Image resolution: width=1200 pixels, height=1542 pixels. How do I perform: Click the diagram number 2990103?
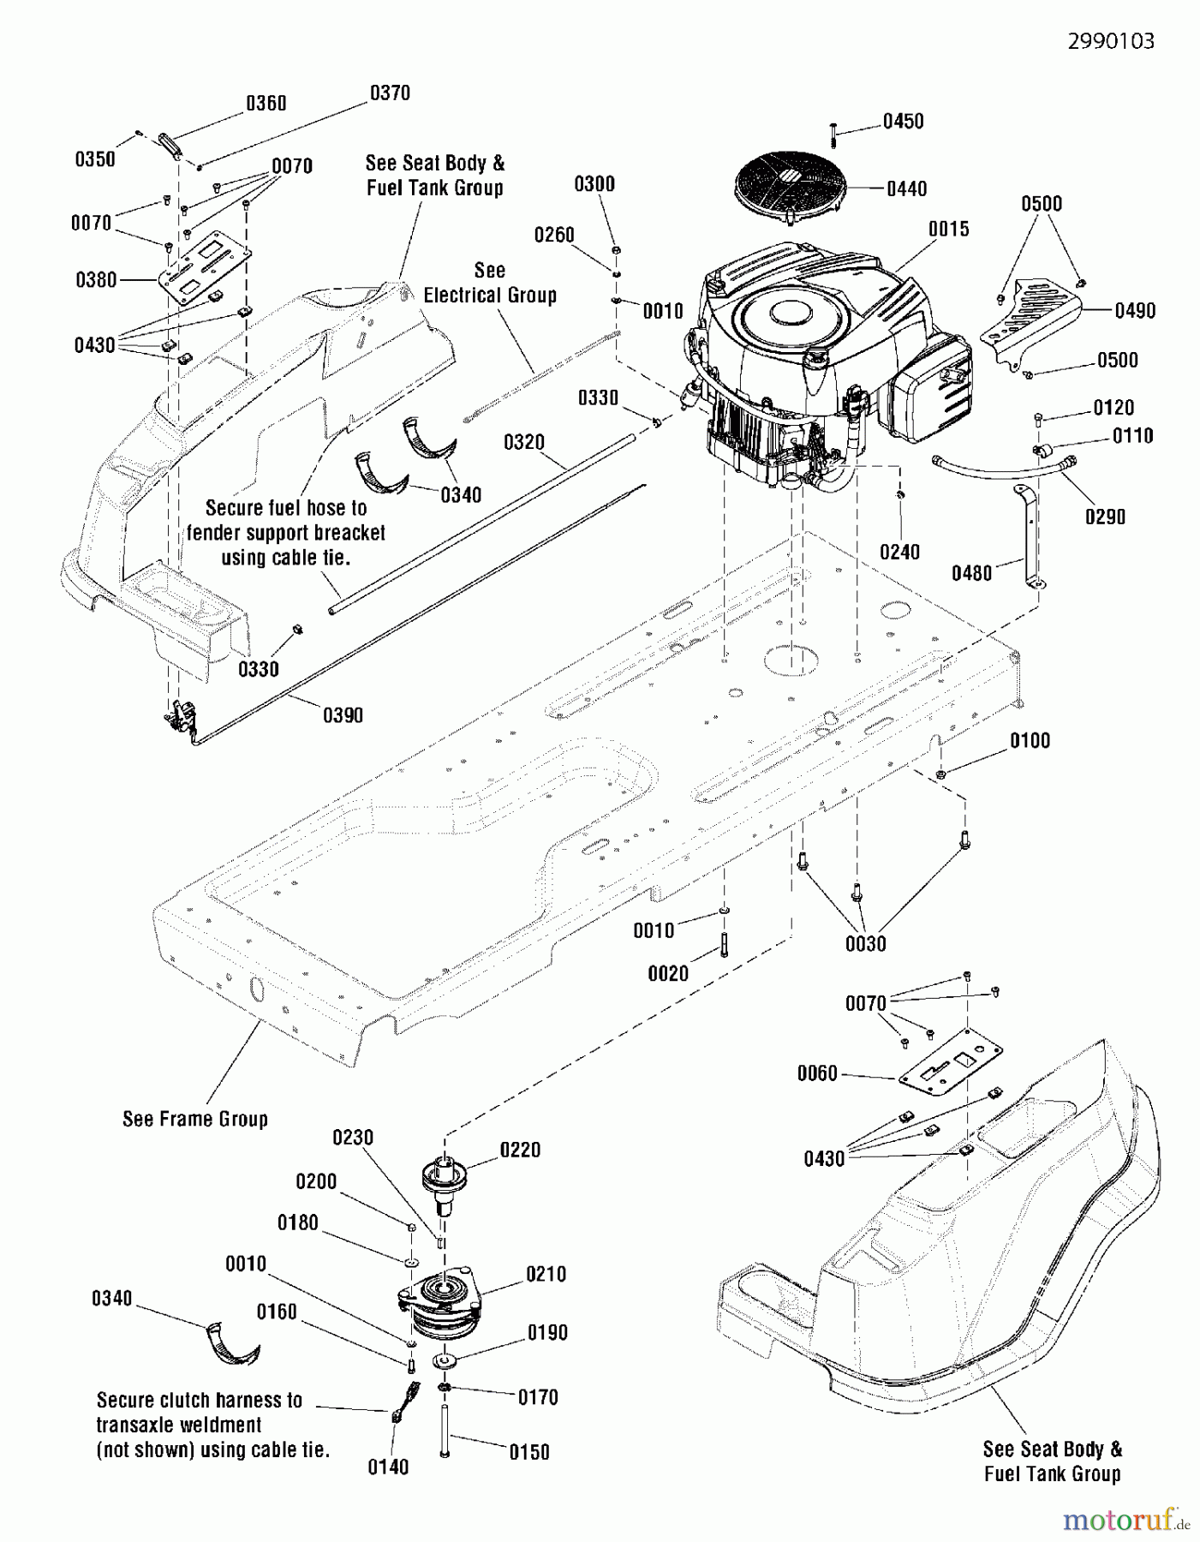1111,41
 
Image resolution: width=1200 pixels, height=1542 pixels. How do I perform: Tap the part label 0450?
903,122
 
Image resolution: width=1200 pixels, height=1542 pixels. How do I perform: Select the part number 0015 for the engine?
948,229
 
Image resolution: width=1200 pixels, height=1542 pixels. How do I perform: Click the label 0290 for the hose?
1105,517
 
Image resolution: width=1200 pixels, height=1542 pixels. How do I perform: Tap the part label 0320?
524,442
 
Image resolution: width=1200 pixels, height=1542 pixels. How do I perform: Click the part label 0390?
343,715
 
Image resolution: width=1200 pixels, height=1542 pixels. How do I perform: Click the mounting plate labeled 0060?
951,1067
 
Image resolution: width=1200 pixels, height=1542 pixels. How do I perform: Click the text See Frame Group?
195,1119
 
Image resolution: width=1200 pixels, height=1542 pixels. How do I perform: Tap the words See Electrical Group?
490,283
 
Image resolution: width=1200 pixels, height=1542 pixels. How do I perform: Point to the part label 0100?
1030,740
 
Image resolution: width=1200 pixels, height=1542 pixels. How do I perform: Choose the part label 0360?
266,104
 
